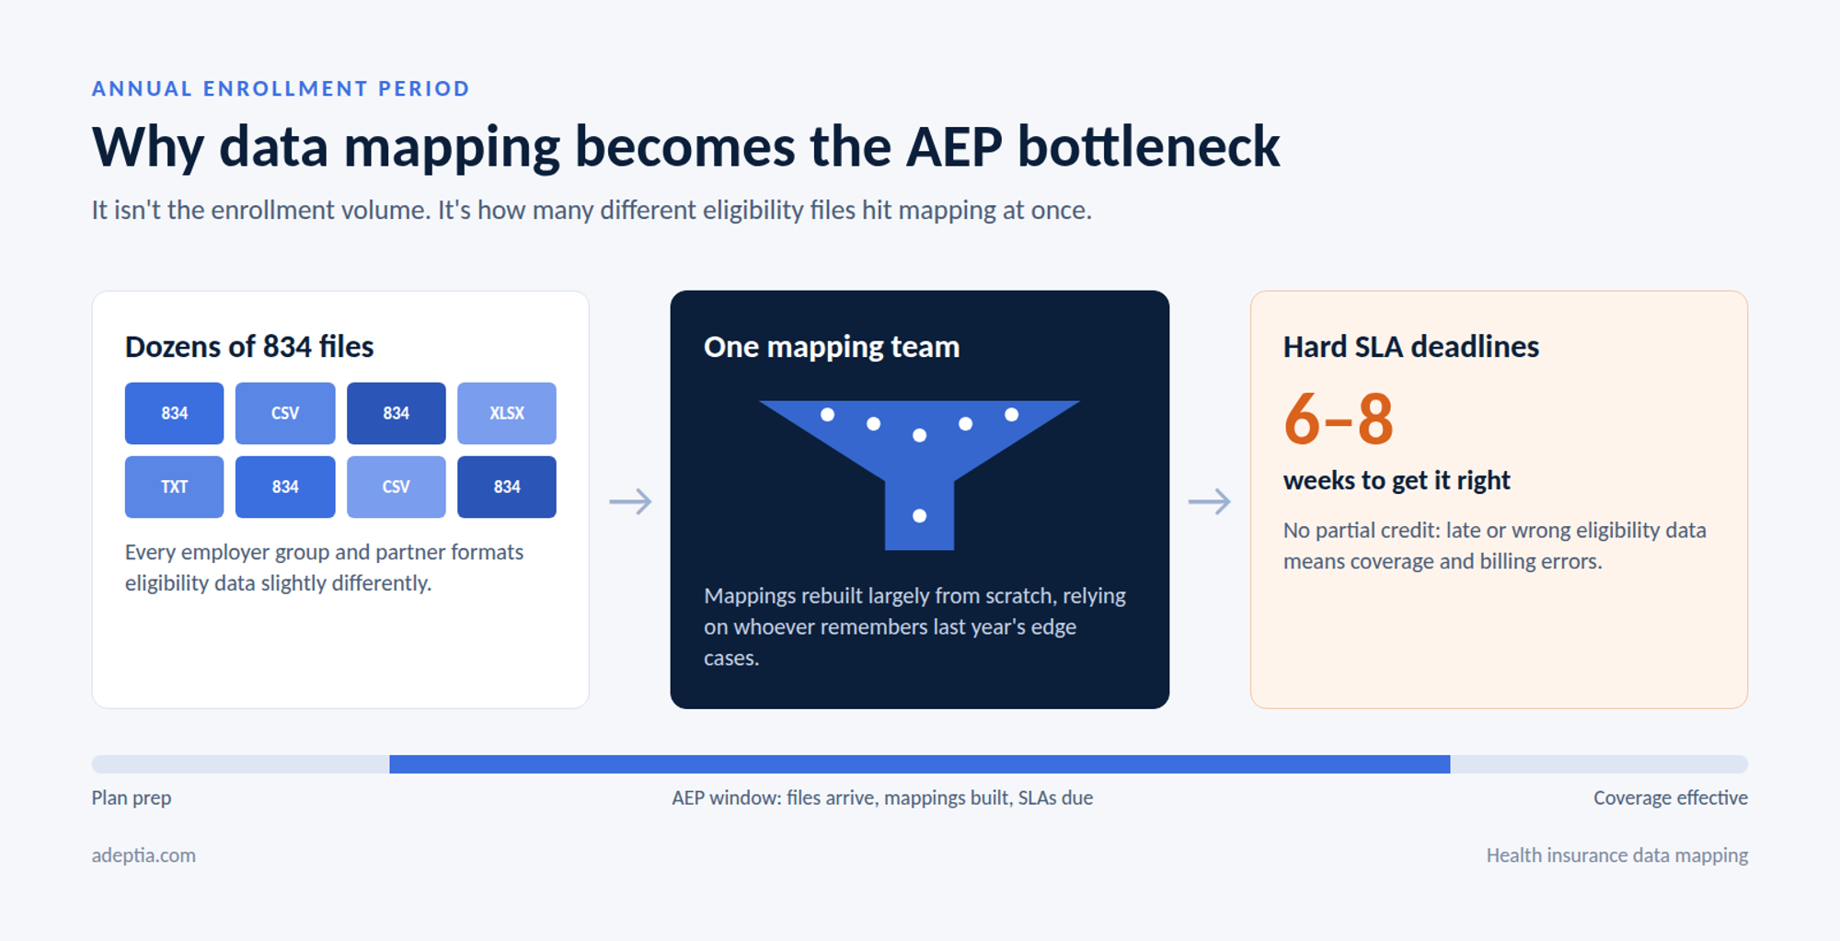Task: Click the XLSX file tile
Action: coord(507,413)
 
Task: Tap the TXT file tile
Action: coord(174,487)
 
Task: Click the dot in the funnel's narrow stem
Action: coord(919,516)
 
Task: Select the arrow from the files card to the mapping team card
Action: coord(630,501)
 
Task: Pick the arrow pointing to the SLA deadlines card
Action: coord(1209,501)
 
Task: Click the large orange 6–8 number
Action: coord(1339,419)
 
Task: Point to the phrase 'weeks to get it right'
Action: coord(1397,480)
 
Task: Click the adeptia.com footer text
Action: coord(144,855)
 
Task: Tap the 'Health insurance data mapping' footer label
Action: coord(1617,855)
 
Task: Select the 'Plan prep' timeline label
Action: coord(132,798)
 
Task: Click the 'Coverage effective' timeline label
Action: coord(1671,798)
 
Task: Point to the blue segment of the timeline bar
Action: coord(920,764)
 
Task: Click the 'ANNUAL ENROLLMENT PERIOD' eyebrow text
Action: coord(281,88)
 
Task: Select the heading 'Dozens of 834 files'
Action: coord(249,347)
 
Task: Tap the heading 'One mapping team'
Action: coord(832,347)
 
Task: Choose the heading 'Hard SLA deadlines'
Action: coord(1411,347)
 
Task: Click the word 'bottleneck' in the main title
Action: coord(1149,146)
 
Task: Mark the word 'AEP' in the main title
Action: coord(954,147)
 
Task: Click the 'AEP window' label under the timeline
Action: coord(882,798)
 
